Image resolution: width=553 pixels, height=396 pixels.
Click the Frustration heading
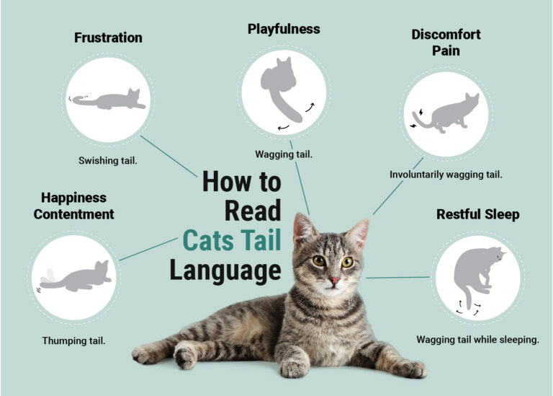[x=108, y=38]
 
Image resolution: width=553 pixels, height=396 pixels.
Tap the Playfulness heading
[x=284, y=30]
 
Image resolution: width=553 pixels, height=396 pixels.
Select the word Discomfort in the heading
[x=446, y=35]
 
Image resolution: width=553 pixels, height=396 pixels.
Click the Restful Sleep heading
[x=477, y=215]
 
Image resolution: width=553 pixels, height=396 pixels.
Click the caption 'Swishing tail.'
[x=108, y=160]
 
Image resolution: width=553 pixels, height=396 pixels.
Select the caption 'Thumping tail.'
[x=73, y=340]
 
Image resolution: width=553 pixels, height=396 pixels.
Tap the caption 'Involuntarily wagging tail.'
[x=446, y=175]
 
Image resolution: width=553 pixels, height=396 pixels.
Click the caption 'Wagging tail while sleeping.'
[x=477, y=339]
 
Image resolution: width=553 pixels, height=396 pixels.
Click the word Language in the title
[x=225, y=270]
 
